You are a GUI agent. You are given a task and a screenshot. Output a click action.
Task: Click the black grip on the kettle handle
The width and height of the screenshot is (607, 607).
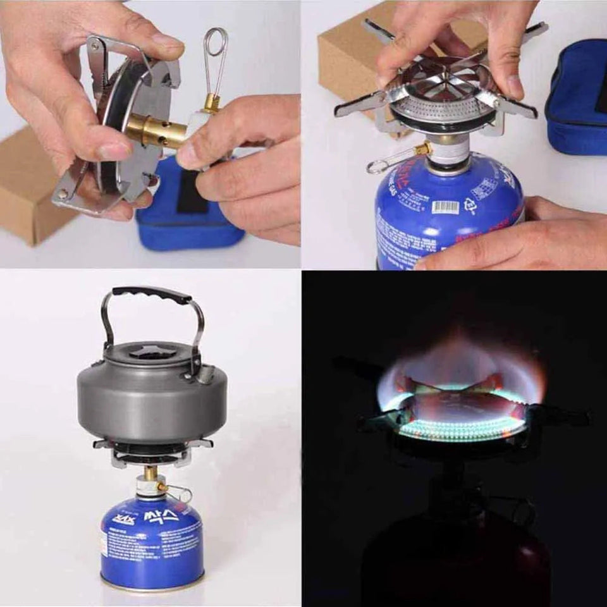tap(152, 294)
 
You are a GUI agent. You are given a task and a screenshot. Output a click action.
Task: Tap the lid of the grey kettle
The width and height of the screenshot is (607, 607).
tap(150, 353)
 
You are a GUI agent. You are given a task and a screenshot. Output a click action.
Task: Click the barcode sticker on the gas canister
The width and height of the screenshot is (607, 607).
tap(445, 207)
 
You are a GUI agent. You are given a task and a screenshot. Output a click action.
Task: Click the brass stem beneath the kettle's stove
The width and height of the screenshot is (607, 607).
tap(150, 473)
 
